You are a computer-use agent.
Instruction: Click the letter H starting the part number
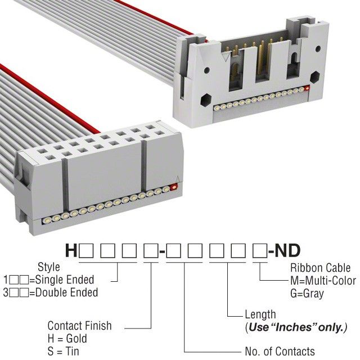[x=71, y=250]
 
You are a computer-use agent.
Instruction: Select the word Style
[x=48, y=267]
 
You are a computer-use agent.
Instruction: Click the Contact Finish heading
[x=79, y=326]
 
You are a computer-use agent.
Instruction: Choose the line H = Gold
[x=67, y=339]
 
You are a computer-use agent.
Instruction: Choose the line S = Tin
[x=63, y=352]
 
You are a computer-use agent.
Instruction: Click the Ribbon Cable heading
[x=319, y=268]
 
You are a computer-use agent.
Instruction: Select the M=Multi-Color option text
[x=323, y=281]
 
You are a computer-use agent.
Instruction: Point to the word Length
[x=260, y=314]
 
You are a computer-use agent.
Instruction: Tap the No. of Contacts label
[x=280, y=352]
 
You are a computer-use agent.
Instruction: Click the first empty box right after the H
[x=84, y=251]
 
